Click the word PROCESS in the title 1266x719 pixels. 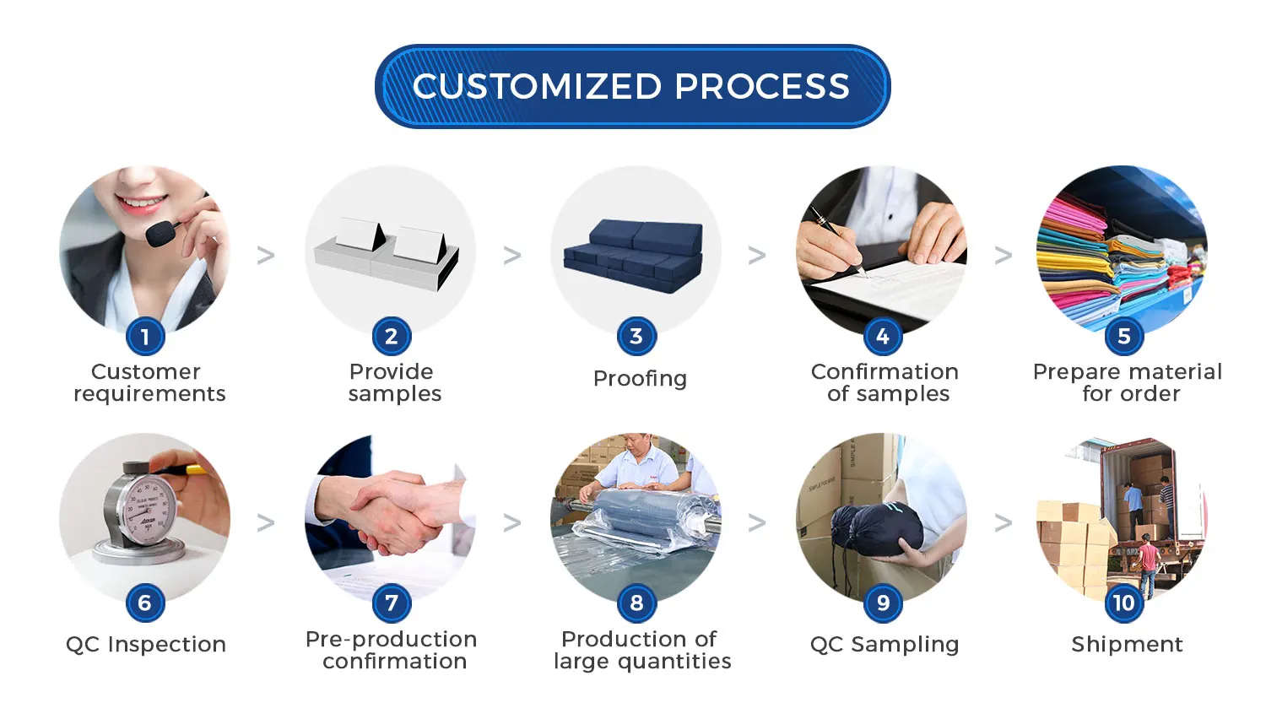click(761, 86)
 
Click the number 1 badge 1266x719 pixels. click(145, 337)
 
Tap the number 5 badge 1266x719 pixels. click(1123, 337)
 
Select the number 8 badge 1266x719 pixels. click(636, 603)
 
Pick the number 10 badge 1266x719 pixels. click(1123, 603)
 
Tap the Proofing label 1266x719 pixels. click(640, 379)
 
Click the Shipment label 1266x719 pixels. click(1127, 645)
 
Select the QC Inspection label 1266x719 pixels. click(146, 645)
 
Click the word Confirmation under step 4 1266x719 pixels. click(885, 372)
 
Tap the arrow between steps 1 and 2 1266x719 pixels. click(266, 255)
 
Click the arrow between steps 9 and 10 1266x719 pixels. click(1003, 523)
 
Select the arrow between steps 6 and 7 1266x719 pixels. click(266, 523)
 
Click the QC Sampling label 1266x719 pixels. click(885, 645)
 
